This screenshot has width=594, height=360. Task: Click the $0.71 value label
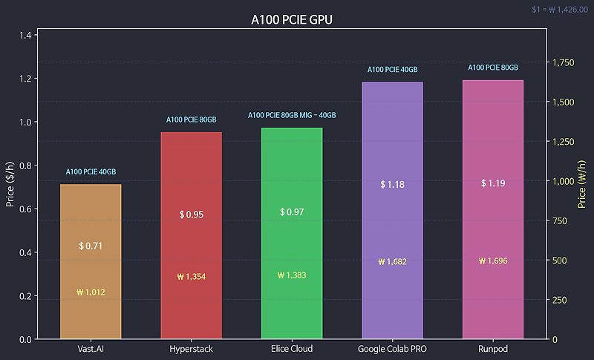91,246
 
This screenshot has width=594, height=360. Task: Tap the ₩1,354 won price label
191,277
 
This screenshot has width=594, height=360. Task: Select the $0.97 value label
292,212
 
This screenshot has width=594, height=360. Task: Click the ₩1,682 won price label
392,261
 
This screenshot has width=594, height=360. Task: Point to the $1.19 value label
493,183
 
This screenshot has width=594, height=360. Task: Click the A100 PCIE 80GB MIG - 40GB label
292,116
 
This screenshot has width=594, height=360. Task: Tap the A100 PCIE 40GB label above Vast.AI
91,172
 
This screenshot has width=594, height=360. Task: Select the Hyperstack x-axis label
191,349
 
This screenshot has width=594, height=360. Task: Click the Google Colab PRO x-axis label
392,349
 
